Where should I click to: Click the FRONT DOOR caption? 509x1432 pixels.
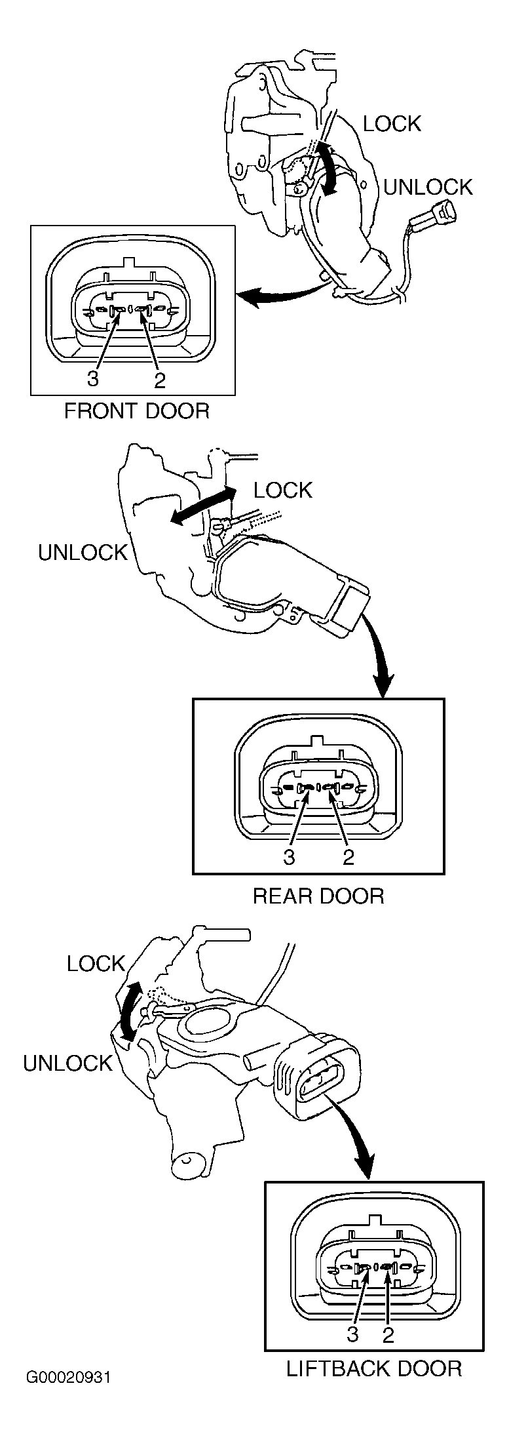(136, 411)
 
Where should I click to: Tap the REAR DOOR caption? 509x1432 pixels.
(318, 896)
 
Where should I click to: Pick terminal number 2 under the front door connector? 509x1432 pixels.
(159, 380)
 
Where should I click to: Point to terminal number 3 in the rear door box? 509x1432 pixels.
(289, 856)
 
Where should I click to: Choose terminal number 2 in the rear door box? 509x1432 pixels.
(349, 856)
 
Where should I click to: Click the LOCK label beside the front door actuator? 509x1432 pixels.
(392, 123)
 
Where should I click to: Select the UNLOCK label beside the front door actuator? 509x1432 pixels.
(428, 187)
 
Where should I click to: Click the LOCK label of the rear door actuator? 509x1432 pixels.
(283, 490)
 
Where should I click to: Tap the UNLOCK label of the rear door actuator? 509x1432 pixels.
(83, 553)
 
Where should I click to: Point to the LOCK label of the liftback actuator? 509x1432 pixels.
(96, 963)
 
